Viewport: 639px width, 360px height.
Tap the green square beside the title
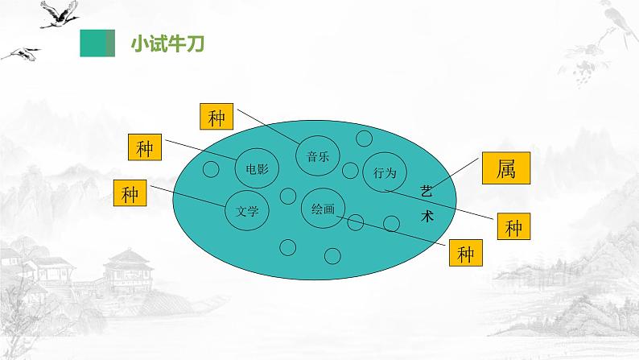click(97, 43)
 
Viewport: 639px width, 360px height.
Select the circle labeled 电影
click(257, 168)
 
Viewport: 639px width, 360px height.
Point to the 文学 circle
click(247, 212)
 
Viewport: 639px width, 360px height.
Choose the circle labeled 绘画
click(324, 209)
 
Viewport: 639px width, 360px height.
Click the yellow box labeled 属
click(505, 169)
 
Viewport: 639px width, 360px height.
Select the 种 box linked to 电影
click(145, 149)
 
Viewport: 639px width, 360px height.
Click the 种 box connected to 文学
click(131, 194)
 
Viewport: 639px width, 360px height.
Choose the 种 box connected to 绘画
click(466, 254)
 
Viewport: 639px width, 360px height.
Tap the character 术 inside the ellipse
click(427, 216)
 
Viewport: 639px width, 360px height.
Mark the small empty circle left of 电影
click(211, 169)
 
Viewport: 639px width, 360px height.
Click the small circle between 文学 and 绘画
click(287, 196)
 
